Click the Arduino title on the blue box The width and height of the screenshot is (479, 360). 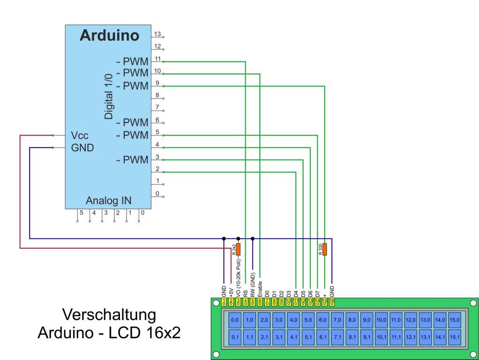point(109,35)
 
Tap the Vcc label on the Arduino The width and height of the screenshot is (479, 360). point(79,135)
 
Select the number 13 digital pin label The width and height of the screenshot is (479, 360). point(158,34)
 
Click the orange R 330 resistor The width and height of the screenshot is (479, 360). point(324,249)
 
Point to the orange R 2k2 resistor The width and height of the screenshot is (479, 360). point(238,249)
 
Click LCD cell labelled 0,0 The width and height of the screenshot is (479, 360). point(235,320)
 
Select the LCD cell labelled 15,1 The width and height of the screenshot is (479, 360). point(454,336)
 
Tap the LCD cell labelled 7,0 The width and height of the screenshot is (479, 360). point(337,320)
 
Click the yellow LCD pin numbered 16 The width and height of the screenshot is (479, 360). point(332,301)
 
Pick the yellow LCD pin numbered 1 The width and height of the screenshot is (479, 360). point(224,301)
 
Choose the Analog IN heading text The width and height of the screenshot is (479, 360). point(108,201)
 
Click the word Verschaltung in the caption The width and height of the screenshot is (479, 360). point(109,315)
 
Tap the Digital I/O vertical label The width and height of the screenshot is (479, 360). point(109,96)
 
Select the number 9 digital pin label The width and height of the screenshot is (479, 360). point(157,83)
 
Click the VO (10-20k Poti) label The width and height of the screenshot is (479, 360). point(239,277)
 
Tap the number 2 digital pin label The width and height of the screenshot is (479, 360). point(157,169)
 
